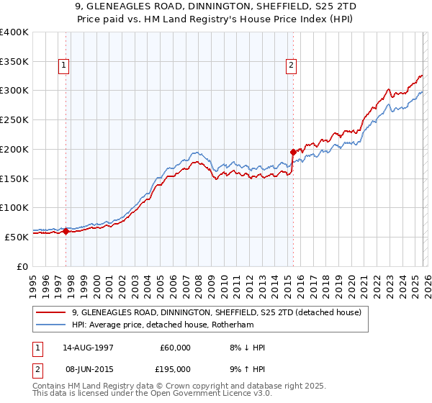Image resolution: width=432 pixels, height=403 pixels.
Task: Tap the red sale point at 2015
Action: coord(293,152)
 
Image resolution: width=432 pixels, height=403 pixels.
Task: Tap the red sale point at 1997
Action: coord(66,231)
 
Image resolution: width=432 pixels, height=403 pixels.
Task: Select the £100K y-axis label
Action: coord(14,207)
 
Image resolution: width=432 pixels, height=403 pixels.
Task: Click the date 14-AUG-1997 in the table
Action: coord(89,348)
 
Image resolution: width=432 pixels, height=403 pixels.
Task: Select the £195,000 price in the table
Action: coord(175,368)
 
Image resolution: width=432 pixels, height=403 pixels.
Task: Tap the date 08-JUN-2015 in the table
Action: coord(89,368)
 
